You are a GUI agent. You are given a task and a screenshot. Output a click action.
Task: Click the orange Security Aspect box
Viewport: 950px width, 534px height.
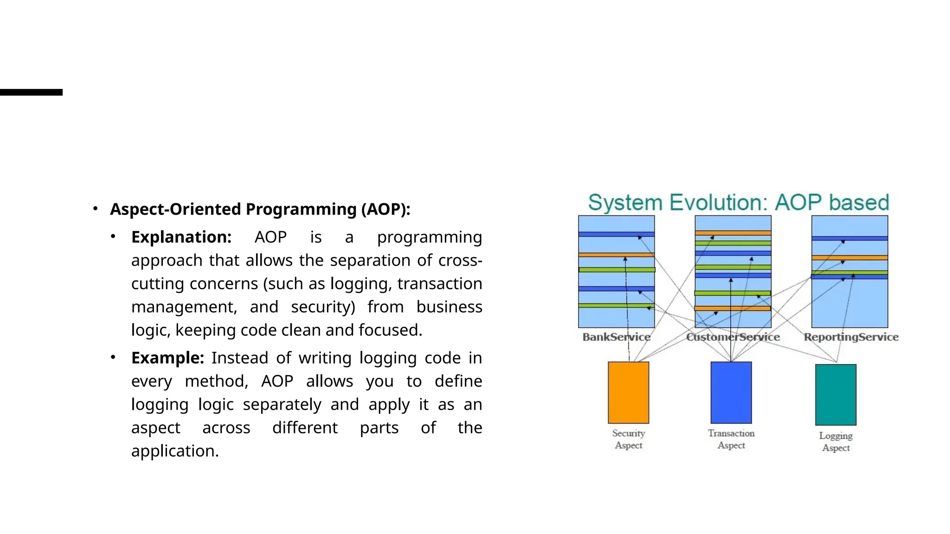point(628,392)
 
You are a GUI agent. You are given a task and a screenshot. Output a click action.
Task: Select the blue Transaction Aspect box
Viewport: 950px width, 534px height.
point(731,392)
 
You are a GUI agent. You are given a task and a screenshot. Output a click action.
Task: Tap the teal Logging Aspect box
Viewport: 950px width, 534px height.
point(835,394)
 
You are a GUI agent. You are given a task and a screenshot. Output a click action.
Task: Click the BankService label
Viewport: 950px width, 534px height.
point(616,337)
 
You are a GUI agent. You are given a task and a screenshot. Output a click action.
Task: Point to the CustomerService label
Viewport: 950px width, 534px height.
point(733,337)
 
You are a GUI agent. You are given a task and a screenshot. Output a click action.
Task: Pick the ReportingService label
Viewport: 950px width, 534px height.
point(851,337)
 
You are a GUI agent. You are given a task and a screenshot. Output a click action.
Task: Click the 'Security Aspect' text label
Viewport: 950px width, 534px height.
point(629,439)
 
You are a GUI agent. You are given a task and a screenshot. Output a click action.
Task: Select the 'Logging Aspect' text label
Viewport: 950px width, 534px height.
point(836,441)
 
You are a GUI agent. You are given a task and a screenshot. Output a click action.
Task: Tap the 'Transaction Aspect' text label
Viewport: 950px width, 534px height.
point(731,439)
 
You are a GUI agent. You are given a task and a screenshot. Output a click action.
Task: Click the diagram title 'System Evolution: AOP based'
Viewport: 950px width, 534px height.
point(738,203)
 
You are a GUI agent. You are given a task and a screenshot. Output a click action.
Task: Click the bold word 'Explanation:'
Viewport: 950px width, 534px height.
point(181,237)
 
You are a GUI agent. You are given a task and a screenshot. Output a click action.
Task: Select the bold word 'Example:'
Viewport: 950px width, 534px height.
point(167,358)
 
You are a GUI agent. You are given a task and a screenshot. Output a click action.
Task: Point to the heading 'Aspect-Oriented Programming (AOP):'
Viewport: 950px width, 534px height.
point(260,209)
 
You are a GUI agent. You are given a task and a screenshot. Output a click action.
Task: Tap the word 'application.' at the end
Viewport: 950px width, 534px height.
point(175,451)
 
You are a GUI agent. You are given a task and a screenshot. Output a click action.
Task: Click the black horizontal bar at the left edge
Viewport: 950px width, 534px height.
point(31,92)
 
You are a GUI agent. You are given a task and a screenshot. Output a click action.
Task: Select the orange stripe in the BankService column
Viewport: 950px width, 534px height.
point(616,255)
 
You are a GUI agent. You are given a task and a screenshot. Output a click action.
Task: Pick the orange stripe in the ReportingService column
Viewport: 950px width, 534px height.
point(849,257)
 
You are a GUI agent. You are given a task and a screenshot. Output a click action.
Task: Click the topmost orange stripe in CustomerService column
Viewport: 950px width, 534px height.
point(733,233)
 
